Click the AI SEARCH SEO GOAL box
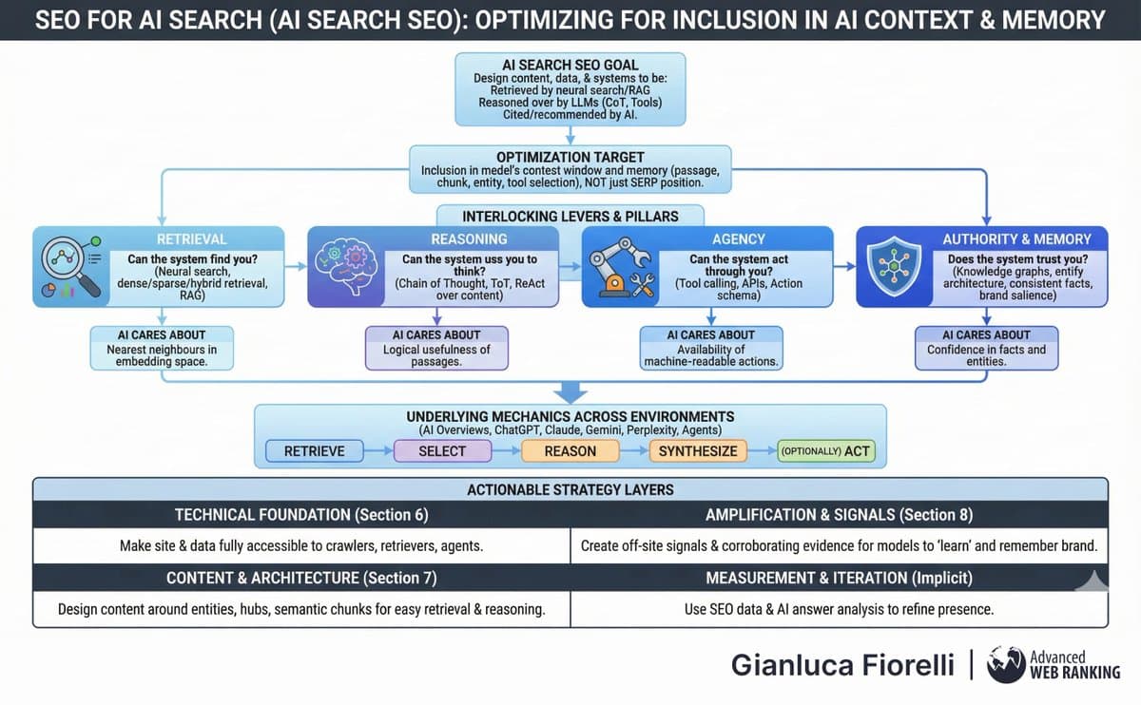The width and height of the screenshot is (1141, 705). pyautogui.click(x=570, y=90)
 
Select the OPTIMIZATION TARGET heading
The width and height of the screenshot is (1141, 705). pyautogui.click(x=570, y=156)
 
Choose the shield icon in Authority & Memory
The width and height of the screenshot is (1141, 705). pyautogui.click(x=893, y=267)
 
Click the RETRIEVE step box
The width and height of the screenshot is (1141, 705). pyautogui.click(x=314, y=450)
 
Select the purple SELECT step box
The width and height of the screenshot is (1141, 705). pyautogui.click(x=442, y=450)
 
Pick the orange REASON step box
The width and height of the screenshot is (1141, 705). pyautogui.click(x=570, y=450)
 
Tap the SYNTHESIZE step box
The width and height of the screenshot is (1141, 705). pyautogui.click(x=698, y=450)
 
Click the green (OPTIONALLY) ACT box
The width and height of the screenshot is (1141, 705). pyautogui.click(x=825, y=450)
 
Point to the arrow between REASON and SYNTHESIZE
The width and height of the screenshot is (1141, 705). pyautogui.click(x=633, y=450)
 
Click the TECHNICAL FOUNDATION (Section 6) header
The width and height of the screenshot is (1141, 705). pyautogui.click(x=301, y=514)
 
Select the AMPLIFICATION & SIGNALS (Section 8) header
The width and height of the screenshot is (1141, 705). pyautogui.click(x=839, y=514)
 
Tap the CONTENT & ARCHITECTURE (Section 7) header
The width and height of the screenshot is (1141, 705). pyautogui.click(x=301, y=578)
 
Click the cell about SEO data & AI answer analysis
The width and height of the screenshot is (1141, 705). pyautogui.click(x=839, y=609)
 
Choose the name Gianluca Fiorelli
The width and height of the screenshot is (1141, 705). pyautogui.click(x=842, y=665)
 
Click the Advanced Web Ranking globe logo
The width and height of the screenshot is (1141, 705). pyautogui.click(x=1006, y=665)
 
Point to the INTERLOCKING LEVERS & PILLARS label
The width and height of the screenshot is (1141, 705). pyautogui.click(x=570, y=216)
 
